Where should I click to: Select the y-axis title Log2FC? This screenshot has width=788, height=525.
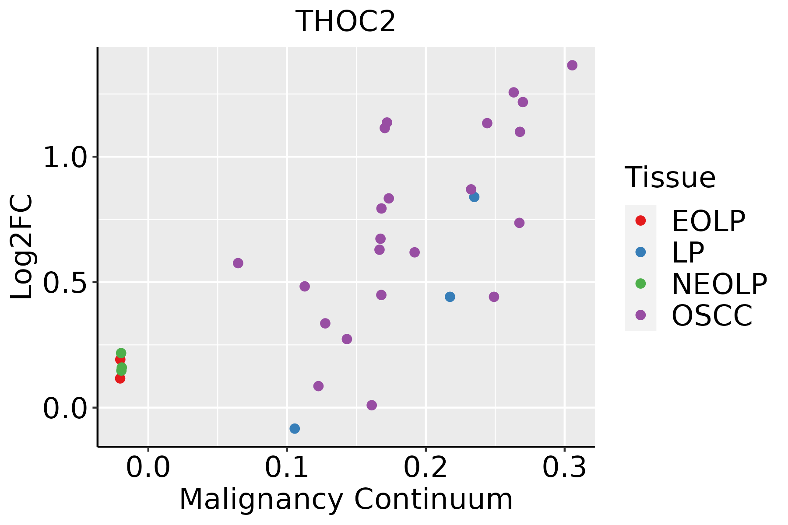22,247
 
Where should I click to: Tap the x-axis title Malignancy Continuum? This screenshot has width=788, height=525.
345,499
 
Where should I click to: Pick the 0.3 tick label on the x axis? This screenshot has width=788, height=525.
564,468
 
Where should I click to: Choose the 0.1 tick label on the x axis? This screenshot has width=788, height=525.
287,468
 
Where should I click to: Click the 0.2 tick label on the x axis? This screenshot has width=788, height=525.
426,468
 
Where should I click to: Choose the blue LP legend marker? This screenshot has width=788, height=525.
640,252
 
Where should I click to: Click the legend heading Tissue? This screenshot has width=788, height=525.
670,178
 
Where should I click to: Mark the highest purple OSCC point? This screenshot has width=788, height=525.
572,65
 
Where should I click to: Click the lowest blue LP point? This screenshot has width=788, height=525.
295,428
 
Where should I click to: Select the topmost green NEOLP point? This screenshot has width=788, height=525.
121,353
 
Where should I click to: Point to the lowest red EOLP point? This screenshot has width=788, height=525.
120,378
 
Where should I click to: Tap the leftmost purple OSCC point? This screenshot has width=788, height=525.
238,263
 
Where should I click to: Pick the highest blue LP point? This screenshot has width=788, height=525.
474,197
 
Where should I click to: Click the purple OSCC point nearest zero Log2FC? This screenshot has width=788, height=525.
372,405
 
